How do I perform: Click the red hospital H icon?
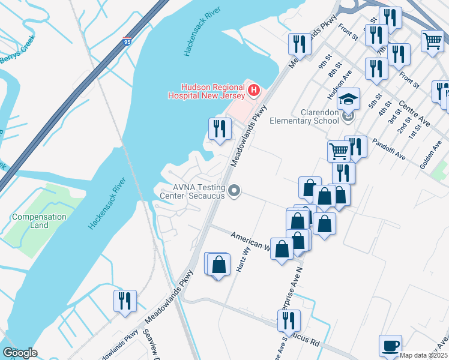point(253,91)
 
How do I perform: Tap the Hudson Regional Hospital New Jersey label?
point(206,91)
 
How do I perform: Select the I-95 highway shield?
point(127,42)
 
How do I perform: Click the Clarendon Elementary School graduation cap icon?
point(349,97)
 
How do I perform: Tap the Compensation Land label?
point(39,221)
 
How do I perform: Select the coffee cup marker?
point(391,346)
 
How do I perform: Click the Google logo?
point(20,353)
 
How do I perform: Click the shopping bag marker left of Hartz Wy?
point(218,264)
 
